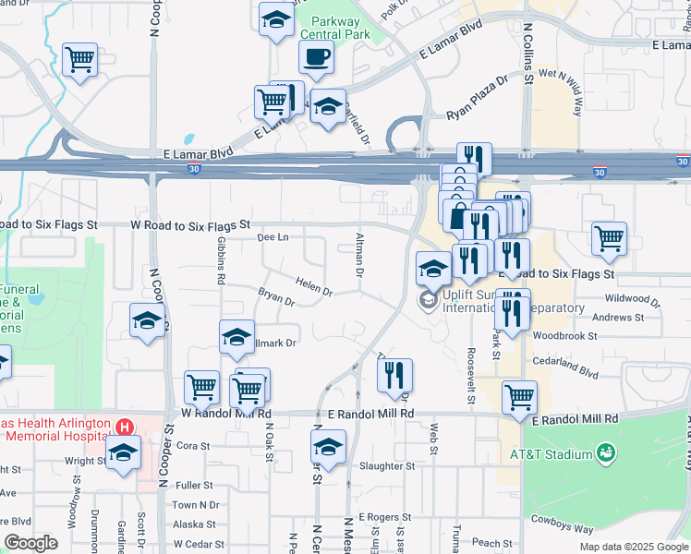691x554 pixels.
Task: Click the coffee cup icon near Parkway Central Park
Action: coord(316,57)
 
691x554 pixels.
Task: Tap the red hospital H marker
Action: coord(124,428)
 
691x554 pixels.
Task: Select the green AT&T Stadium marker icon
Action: coord(606,453)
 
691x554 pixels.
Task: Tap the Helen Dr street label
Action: coord(314,288)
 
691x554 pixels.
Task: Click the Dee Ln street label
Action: coord(273,237)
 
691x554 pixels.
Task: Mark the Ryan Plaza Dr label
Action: coord(478,98)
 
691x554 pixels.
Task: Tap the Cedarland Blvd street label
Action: coord(565,367)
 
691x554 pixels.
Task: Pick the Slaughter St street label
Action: coord(386,466)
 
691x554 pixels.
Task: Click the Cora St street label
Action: coord(193,445)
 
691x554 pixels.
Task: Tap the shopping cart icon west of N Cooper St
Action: coord(80,60)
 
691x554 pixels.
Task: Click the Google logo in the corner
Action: coord(30,544)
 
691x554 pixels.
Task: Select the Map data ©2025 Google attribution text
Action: coord(633,547)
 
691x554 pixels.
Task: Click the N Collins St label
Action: coord(527,54)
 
